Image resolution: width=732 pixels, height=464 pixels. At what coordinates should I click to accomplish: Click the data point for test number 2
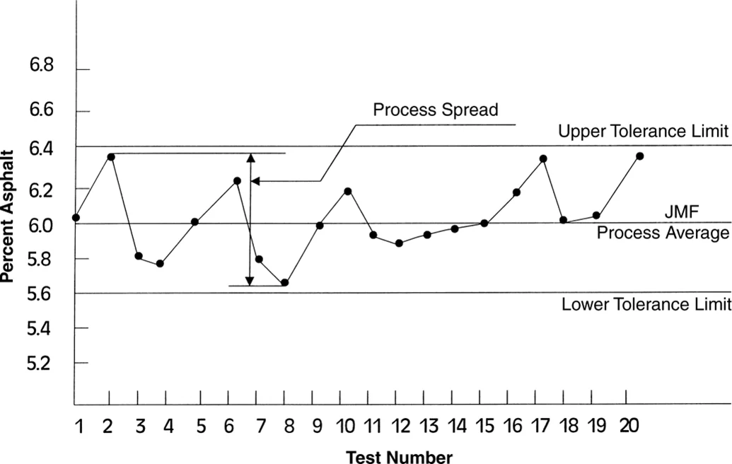(x=111, y=156)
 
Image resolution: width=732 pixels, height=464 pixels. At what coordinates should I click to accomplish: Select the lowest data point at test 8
(x=284, y=282)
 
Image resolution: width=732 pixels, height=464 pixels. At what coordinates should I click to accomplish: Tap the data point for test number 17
(x=542, y=158)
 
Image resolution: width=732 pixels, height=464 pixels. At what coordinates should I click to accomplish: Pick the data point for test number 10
(x=347, y=191)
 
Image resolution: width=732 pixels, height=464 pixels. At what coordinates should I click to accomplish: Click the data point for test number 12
(x=399, y=243)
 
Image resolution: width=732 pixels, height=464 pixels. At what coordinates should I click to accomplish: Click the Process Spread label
(x=436, y=110)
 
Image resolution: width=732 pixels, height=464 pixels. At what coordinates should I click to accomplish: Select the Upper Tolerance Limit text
(x=642, y=132)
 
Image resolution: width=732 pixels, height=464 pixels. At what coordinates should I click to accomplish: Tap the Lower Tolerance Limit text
(x=645, y=306)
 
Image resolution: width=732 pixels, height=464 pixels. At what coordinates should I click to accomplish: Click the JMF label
(x=682, y=211)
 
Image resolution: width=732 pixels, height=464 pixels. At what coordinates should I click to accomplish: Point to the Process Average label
(x=663, y=233)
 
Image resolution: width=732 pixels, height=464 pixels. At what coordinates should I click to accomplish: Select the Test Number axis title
(x=399, y=456)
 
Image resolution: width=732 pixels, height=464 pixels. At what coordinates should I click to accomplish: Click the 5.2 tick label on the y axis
(x=41, y=363)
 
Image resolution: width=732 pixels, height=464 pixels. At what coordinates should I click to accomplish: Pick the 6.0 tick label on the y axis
(x=41, y=226)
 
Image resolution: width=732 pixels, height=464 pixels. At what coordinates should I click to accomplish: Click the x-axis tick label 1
(x=79, y=426)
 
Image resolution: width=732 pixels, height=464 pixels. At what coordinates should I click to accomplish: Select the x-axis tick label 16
(x=513, y=426)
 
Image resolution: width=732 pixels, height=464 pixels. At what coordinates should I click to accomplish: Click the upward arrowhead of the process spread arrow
(x=250, y=158)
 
